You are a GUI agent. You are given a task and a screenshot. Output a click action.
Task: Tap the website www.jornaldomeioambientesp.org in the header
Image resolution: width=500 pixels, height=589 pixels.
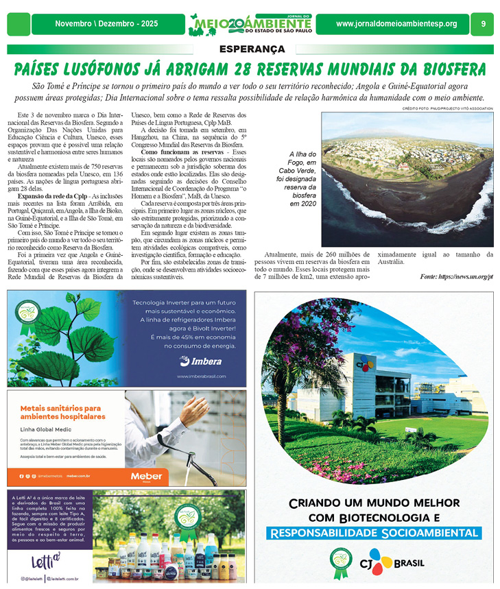[396, 24]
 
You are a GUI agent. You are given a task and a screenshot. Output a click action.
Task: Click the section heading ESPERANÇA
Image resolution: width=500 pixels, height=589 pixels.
[252, 49]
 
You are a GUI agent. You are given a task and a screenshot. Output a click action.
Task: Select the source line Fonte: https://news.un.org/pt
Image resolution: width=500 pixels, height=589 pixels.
[456, 276]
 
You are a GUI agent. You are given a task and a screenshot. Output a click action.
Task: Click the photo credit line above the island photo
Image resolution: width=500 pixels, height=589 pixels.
[447, 109]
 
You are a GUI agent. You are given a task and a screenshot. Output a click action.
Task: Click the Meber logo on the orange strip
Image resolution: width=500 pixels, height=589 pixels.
[147, 476]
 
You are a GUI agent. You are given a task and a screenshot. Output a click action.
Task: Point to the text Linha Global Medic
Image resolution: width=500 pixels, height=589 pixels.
[47, 430]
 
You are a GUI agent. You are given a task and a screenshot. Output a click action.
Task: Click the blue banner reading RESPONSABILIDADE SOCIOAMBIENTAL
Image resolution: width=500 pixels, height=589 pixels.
[373, 533]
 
